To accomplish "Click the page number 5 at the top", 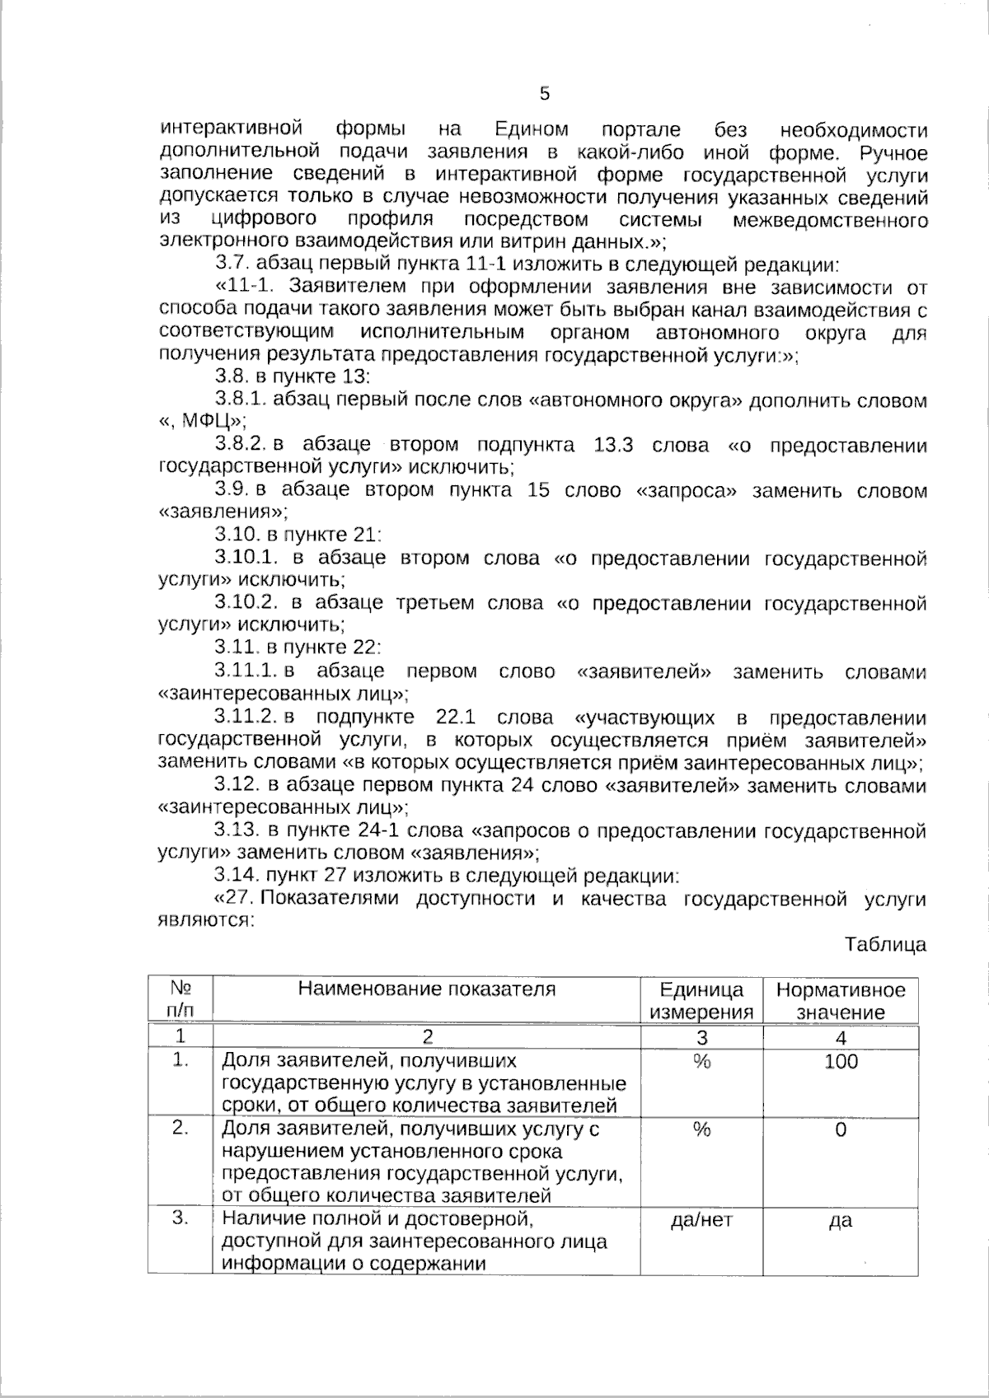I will coord(544,94).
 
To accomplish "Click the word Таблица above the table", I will coord(884,945).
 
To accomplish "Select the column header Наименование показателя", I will coord(426,989).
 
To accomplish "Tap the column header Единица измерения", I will coord(701,1001).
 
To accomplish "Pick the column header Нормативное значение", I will coord(840,1001).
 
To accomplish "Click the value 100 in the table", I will coord(841,1061).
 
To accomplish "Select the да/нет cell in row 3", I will coord(701,1221).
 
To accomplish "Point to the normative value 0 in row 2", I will coord(841,1129).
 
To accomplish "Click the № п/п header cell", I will coord(180,999).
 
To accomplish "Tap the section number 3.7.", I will coord(232,265).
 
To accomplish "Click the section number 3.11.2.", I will coord(248,718).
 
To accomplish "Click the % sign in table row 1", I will coord(701,1062).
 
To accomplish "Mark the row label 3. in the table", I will coord(180,1218).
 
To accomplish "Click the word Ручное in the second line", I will coord(893,153).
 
